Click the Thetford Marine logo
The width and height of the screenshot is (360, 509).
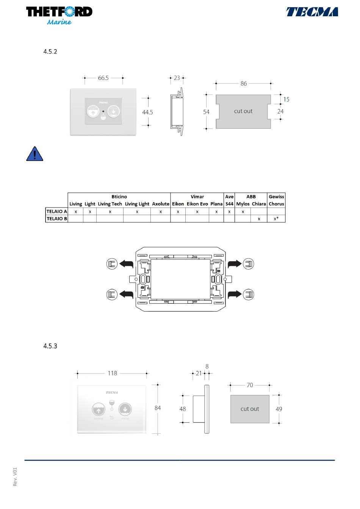coord(59,15)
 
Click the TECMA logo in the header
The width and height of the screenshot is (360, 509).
coord(312,12)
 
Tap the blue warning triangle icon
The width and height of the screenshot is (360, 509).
coord(34,154)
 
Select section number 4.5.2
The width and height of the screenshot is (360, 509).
coord(50,52)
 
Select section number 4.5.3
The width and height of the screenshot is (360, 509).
coord(50,346)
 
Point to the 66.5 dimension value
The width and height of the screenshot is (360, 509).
coord(103,78)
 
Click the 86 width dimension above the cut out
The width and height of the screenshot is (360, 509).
coord(244,84)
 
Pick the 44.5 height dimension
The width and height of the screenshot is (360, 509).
coord(147,112)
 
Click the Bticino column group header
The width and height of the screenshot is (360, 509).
coord(119,197)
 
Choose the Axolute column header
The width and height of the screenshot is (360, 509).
coord(161,204)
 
